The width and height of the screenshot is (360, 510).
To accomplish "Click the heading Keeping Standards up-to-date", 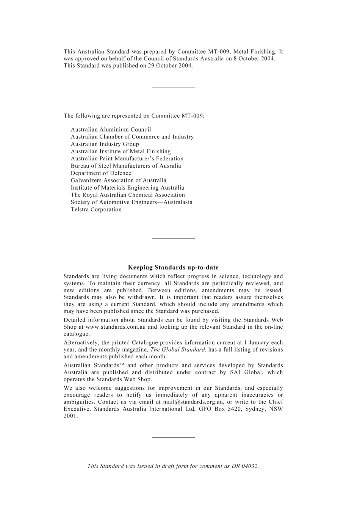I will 173,268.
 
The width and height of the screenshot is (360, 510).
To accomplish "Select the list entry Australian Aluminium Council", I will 111,130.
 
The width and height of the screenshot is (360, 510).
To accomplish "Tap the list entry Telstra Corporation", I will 96,210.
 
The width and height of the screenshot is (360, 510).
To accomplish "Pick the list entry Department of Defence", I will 101,173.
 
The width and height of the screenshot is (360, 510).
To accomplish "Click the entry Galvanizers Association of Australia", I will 118,180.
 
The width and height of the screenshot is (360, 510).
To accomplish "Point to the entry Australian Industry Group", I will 105,144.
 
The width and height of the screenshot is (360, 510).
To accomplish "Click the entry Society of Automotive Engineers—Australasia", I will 131,202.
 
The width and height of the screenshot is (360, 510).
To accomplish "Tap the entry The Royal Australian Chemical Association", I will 128,195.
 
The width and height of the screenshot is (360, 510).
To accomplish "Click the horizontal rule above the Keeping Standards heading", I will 173,239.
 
